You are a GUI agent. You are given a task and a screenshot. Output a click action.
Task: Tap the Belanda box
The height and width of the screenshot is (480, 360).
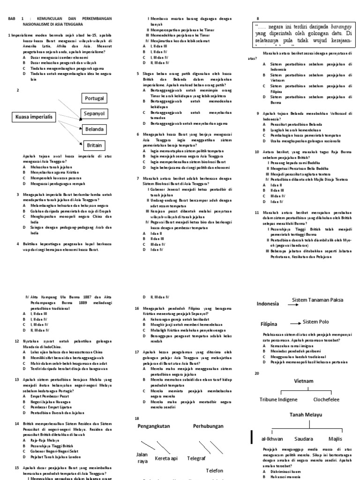[x=94, y=129]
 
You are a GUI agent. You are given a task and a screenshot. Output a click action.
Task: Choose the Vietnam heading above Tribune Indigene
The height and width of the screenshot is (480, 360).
[x=303, y=381]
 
